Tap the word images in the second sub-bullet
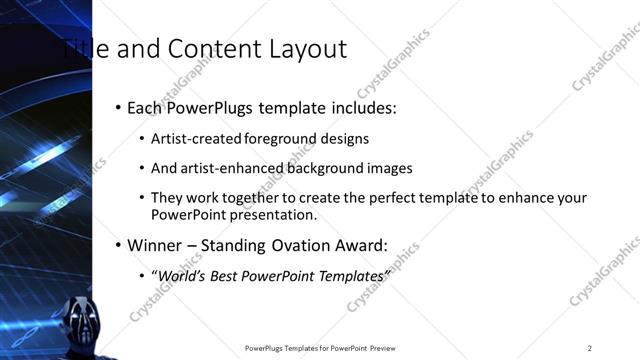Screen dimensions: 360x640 click(x=388, y=168)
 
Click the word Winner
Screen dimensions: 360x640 click(x=156, y=245)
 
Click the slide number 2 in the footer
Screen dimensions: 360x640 click(x=590, y=348)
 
